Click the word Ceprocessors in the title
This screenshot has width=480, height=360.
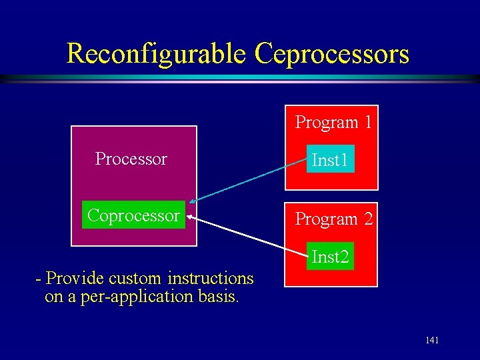(331, 54)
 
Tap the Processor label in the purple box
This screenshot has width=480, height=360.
(131, 159)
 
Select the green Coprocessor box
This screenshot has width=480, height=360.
(133, 215)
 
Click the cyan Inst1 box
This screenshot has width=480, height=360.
(330, 160)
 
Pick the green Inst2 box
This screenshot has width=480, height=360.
(330, 256)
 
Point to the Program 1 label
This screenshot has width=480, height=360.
(333, 123)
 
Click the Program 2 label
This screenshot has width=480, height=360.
(333, 219)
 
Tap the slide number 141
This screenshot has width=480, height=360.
(432, 341)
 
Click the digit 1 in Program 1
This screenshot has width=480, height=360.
(367, 123)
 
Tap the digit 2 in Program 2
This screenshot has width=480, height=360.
(367, 219)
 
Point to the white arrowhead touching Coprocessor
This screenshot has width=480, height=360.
(191, 216)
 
